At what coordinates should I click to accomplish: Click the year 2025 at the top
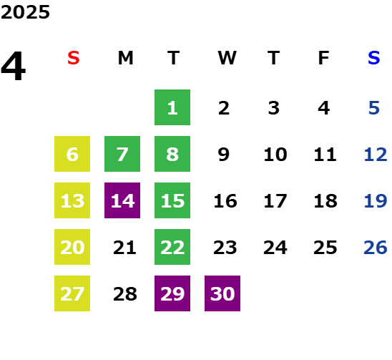(25, 12)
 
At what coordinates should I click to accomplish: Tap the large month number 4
(14, 66)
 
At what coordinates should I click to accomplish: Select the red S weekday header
(74, 58)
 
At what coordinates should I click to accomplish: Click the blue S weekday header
(374, 58)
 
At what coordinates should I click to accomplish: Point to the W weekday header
(227, 58)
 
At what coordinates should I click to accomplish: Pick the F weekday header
(324, 58)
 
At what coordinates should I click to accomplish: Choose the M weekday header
(125, 58)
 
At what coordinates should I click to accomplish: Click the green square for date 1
(172, 107)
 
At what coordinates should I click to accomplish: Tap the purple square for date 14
(122, 200)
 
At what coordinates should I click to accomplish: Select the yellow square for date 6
(72, 154)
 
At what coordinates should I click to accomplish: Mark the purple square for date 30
(222, 293)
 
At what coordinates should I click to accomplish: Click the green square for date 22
(172, 247)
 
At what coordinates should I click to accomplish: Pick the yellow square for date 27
(72, 293)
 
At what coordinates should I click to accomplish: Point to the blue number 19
(376, 200)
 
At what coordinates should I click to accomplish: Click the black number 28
(125, 293)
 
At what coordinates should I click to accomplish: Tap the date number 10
(275, 154)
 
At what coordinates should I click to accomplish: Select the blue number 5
(374, 108)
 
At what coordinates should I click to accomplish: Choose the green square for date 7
(122, 154)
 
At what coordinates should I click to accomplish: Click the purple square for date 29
(172, 293)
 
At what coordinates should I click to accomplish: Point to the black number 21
(124, 247)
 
